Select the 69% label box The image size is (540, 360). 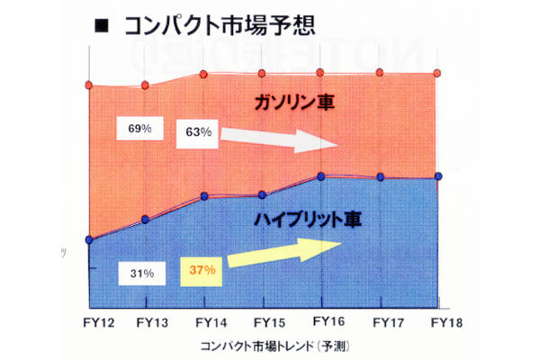(x=139, y=129)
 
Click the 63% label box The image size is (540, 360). (x=199, y=132)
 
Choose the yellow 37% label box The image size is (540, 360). (x=200, y=269)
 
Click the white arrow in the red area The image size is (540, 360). (x=280, y=138)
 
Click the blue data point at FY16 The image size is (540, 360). (x=323, y=175)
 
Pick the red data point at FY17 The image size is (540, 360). (x=382, y=74)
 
